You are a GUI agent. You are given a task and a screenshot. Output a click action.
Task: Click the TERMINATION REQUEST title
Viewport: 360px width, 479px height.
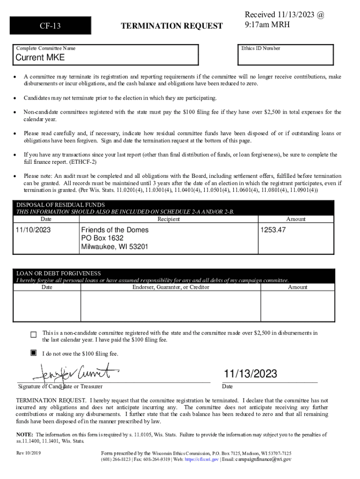(172, 26)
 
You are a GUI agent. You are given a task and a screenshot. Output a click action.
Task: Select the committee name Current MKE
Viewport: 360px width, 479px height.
(40, 58)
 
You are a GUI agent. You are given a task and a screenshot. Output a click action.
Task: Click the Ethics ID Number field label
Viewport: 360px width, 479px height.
(261, 48)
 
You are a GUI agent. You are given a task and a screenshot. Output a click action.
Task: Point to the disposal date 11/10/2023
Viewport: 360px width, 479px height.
(33, 230)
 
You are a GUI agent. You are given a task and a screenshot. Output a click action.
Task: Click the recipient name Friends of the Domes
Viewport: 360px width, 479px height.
(115, 230)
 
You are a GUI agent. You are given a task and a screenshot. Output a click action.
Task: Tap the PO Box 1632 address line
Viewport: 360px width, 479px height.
(103, 238)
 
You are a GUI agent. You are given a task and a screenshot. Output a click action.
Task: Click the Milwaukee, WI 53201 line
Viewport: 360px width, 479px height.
(115, 247)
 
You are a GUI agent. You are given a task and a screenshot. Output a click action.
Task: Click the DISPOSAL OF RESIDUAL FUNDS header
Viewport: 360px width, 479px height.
(61, 205)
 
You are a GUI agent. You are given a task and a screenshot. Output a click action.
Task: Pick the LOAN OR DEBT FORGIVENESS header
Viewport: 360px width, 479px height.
(58, 273)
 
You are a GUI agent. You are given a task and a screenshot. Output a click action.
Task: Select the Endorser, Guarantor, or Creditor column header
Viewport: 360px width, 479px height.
(171, 287)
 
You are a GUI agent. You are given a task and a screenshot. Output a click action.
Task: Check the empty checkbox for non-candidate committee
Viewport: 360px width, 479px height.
(33, 334)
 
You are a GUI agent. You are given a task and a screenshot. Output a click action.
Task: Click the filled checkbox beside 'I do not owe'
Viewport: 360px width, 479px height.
(33, 353)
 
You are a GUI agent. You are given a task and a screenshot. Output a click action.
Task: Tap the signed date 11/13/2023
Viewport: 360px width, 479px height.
(250, 374)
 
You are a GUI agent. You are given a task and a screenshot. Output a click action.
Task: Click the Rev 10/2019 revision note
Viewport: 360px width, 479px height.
(29, 453)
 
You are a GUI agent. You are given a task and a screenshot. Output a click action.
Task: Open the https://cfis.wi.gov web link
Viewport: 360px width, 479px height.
(202, 459)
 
